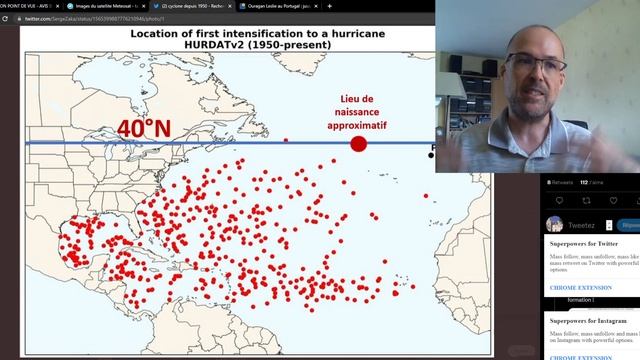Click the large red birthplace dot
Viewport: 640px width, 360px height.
click(358, 144)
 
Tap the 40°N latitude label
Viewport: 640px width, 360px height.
click(144, 129)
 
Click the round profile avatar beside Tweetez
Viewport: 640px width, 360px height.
click(555, 224)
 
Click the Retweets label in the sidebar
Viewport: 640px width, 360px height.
click(562, 183)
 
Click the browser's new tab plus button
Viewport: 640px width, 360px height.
click(329, 6)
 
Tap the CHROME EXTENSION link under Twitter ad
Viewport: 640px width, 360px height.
click(580, 287)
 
